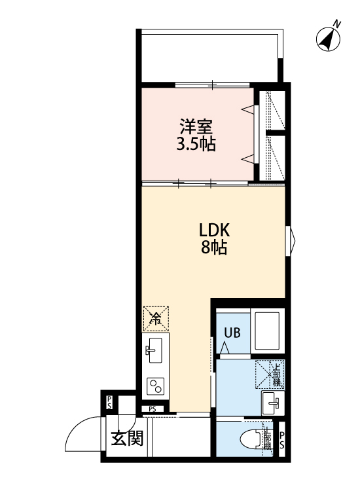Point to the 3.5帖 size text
(x=196, y=144)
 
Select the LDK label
(x=215, y=230)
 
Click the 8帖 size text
(x=215, y=248)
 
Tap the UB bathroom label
(x=232, y=333)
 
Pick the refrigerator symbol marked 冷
(x=156, y=319)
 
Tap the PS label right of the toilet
(x=282, y=439)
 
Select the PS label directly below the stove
(x=152, y=410)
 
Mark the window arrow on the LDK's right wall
(x=293, y=237)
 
